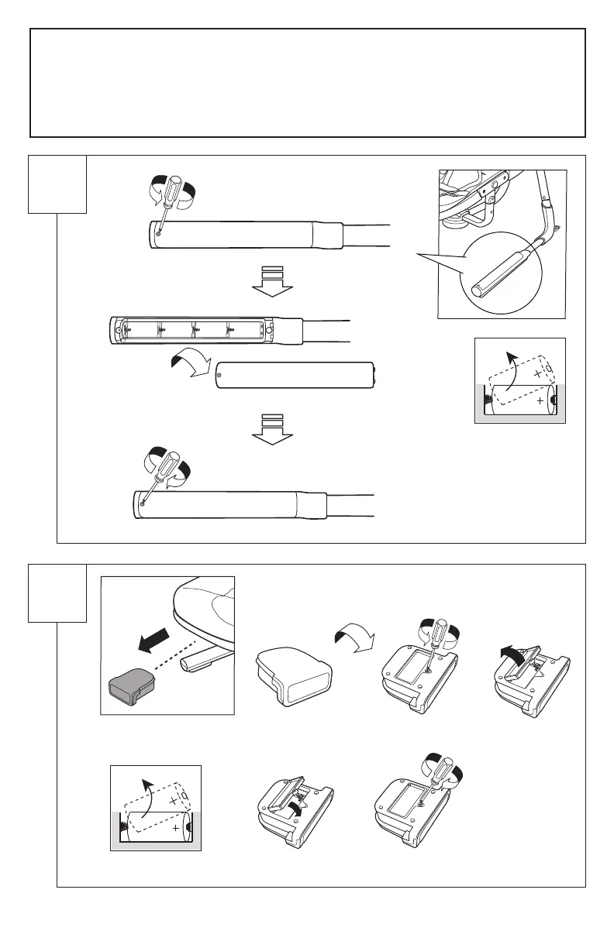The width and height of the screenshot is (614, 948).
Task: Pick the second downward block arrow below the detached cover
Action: [272, 431]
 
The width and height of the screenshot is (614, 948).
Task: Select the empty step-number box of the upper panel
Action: [57, 184]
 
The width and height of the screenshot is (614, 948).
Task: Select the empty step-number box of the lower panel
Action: [57, 592]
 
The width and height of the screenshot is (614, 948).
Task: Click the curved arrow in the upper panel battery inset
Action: [509, 362]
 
